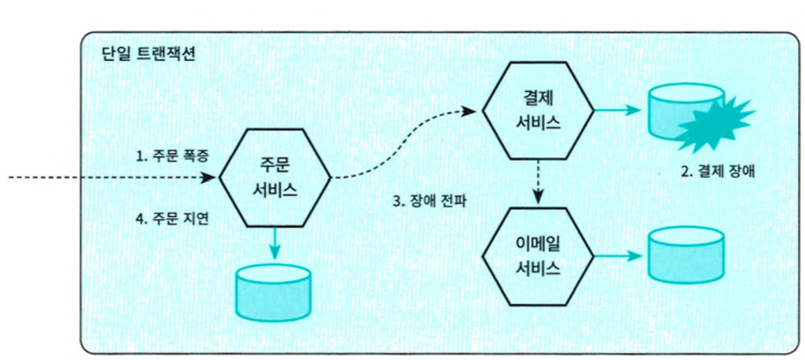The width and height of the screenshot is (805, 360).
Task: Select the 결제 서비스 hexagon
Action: click(538, 109)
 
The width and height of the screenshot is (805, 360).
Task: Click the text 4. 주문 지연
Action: click(173, 218)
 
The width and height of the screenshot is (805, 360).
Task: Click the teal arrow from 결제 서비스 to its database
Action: click(618, 109)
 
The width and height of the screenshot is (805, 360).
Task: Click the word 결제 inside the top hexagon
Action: click(538, 98)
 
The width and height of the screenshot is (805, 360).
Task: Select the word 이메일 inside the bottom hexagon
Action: click(538, 246)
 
